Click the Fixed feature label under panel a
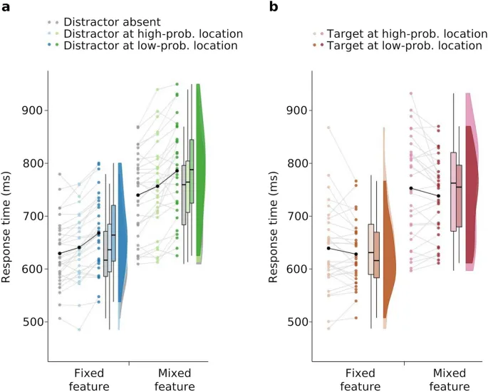point(90,380)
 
